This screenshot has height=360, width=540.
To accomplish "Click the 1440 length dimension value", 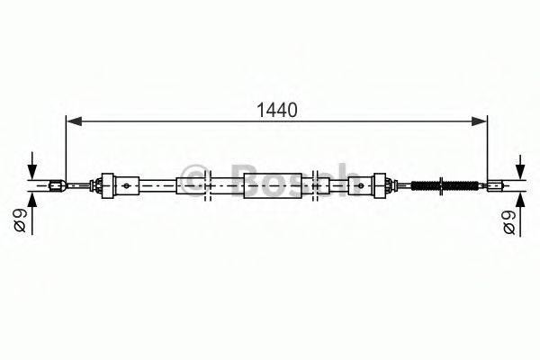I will click(x=276, y=111).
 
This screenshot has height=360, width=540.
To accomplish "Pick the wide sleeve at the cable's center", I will click(x=267, y=187).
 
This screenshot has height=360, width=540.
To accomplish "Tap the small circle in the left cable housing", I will click(x=127, y=187).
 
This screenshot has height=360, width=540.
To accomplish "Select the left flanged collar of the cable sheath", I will click(x=107, y=186).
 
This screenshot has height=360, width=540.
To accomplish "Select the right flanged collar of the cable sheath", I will click(x=382, y=186).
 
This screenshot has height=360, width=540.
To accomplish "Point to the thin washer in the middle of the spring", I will click(x=442, y=187).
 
